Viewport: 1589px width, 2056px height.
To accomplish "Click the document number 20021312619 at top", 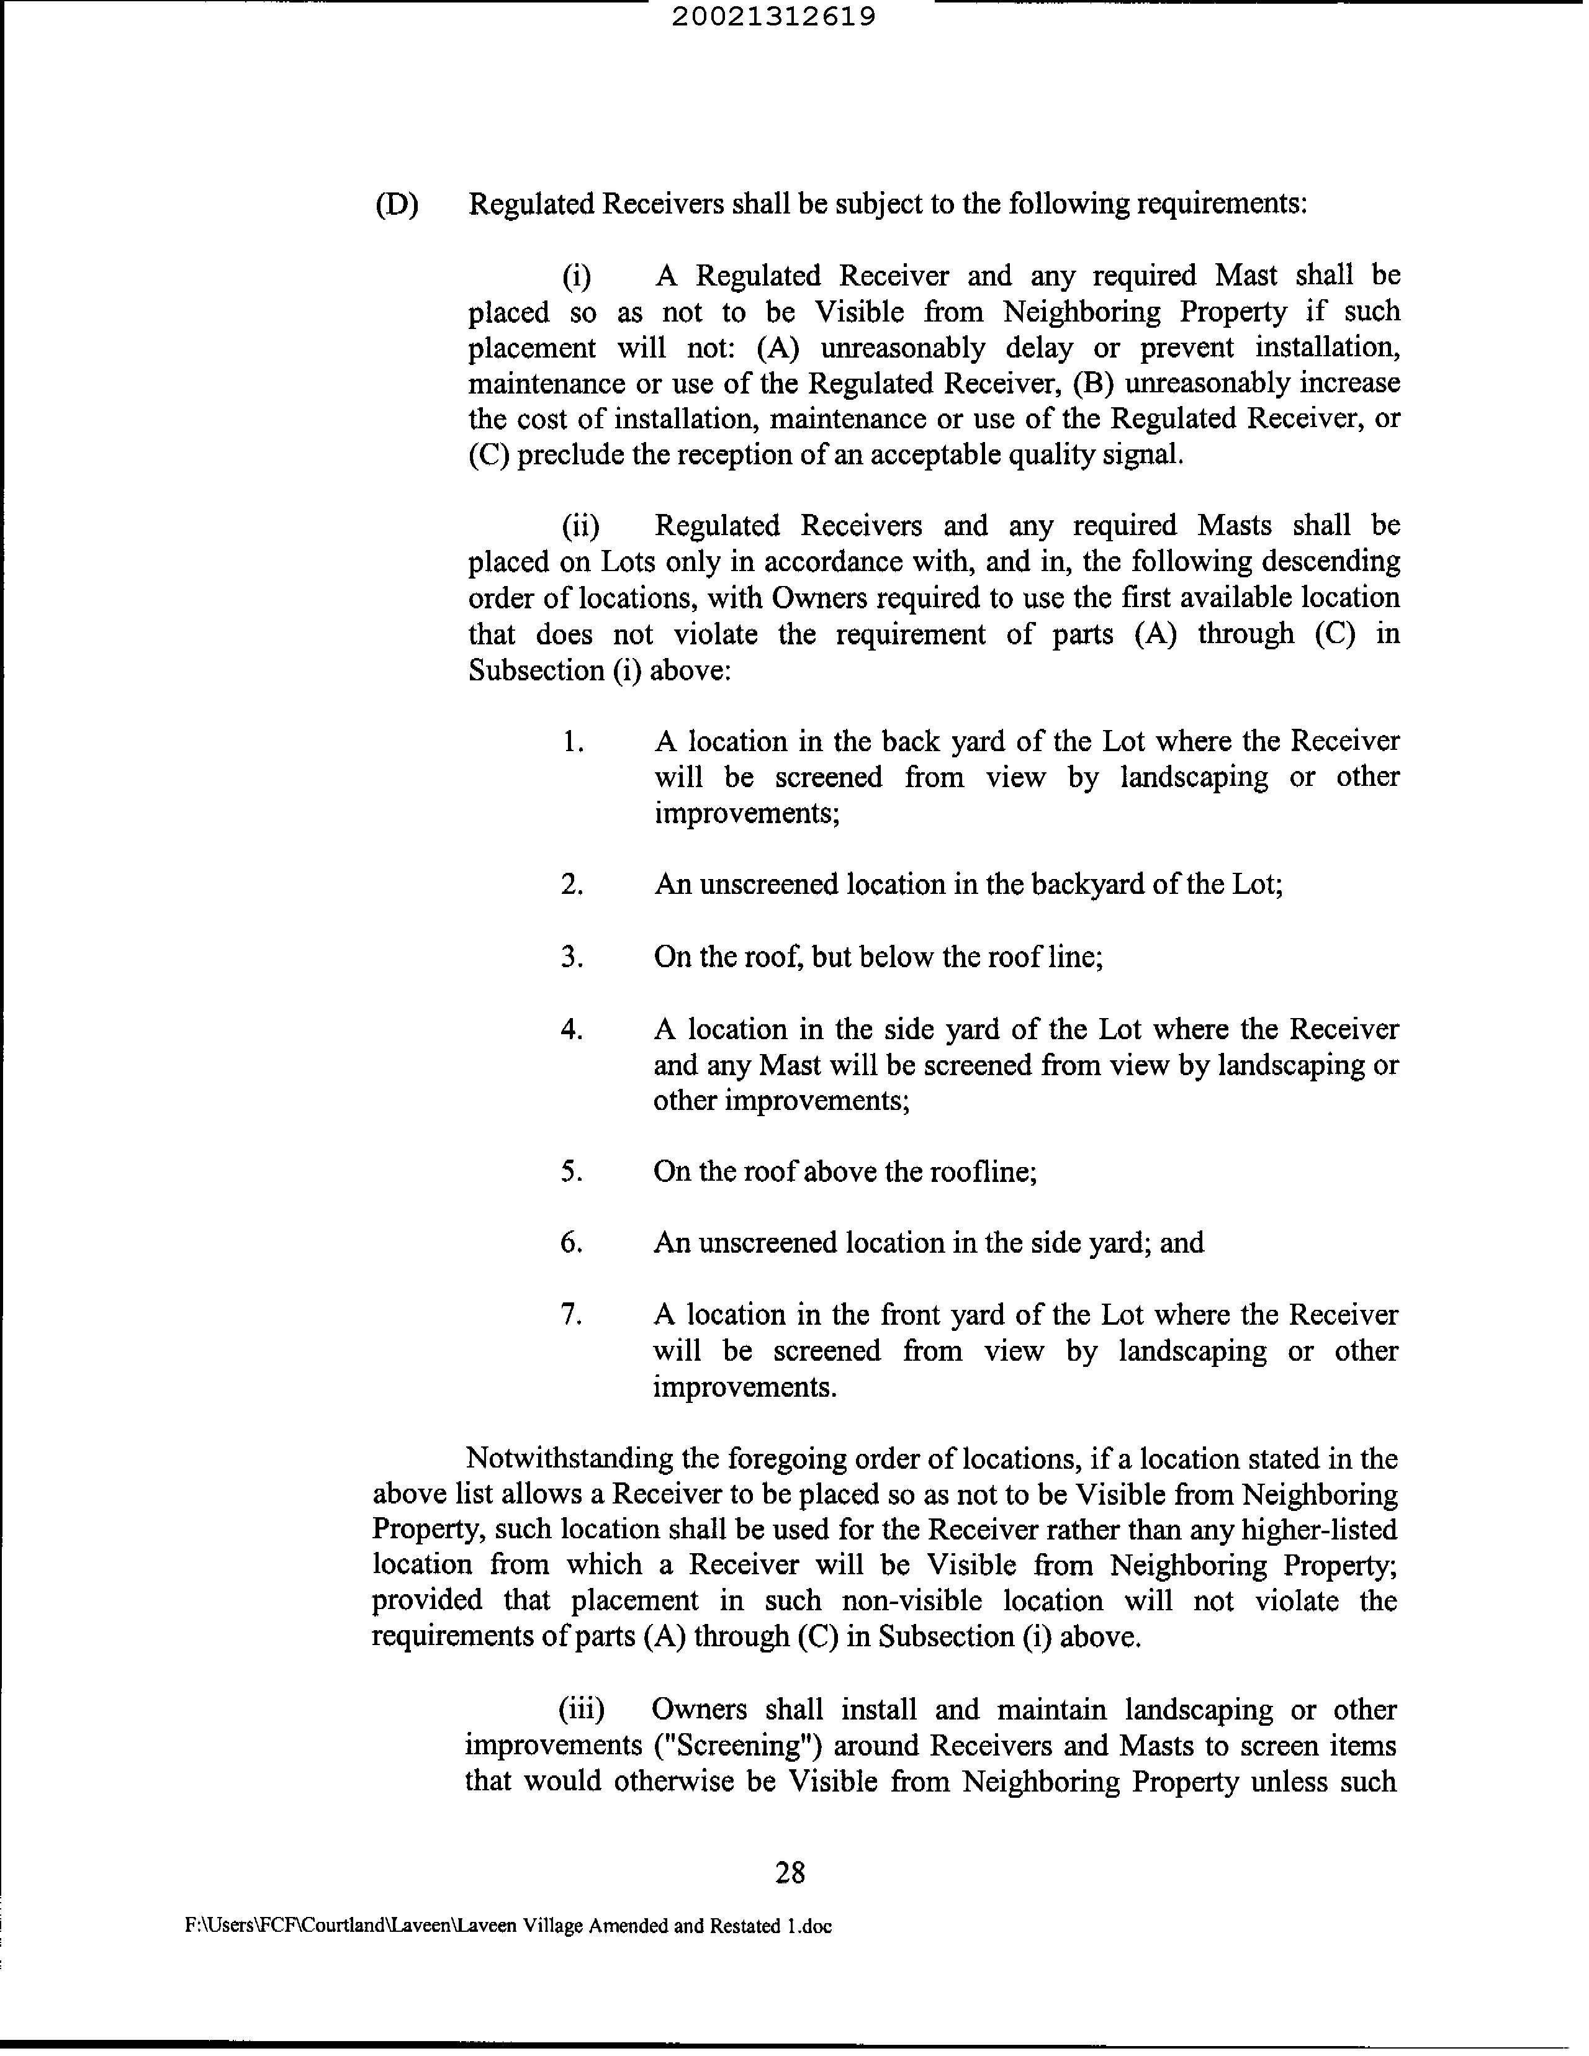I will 774,17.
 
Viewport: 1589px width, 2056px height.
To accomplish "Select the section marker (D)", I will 396,204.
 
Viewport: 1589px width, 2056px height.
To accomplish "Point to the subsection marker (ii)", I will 580,525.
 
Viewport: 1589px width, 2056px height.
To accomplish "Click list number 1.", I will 572,742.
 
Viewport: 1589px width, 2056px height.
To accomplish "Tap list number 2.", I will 572,885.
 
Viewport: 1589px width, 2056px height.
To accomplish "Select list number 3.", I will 572,957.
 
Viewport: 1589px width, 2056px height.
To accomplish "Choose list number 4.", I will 572,1029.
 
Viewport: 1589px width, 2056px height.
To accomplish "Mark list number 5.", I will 572,1172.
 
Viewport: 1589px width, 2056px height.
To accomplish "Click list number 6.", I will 572,1243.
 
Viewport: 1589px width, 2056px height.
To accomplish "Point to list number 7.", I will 572,1315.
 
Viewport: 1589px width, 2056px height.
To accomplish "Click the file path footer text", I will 508,1926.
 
